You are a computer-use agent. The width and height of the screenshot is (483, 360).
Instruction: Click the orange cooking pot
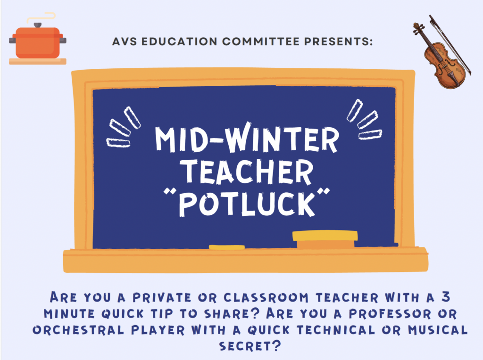pos(37,43)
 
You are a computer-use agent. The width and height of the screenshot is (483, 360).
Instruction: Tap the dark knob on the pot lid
pos(37,25)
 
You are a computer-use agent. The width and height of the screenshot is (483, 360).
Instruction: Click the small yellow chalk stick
pos(226,247)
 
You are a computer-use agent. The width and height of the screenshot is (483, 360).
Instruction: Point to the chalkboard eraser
pos(325,239)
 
